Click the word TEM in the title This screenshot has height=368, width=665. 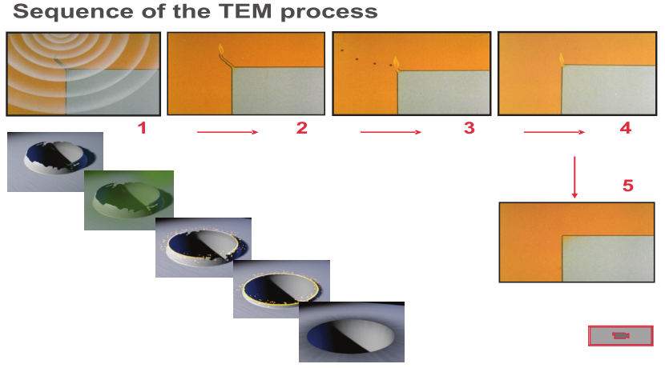point(245,11)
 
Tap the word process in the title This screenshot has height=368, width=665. point(329,13)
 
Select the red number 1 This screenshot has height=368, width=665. point(142,128)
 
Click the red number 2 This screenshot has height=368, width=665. point(301,128)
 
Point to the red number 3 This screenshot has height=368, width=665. point(469,128)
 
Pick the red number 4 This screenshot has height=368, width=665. point(626,128)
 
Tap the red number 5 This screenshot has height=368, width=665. point(628,186)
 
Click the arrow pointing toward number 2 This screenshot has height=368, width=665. point(228,132)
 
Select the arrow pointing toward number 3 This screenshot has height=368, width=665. point(391,132)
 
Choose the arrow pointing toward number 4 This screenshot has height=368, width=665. point(554,132)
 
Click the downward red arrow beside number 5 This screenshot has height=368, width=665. point(574,177)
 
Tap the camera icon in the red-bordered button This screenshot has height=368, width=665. point(620,336)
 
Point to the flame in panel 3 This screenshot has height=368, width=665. point(396,64)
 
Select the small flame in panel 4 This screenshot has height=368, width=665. point(562,60)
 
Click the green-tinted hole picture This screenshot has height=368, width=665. point(129,200)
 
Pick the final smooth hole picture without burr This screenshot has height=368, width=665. point(352,332)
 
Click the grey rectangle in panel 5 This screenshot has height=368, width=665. point(608,258)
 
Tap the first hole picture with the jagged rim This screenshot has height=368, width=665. point(55,162)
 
